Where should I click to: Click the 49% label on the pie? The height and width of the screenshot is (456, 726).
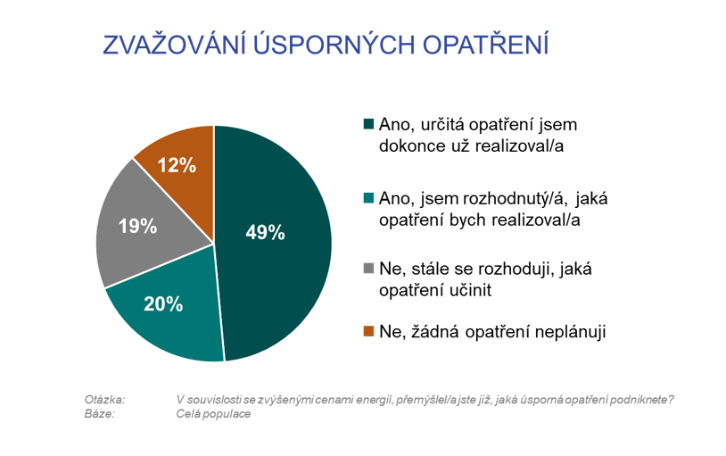pyautogui.click(x=265, y=232)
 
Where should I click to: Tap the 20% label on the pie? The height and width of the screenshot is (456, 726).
pyautogui.click(x=163, y=304)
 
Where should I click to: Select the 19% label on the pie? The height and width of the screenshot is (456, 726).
pyautogui.click(x=137, y=226)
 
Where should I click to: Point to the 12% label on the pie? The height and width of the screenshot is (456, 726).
pyautogui.click(x=177, y=165)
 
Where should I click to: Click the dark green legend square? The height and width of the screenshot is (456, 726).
pyautogui.click(x=368, y=124)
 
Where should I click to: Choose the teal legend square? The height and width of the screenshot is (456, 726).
pyautogui.click(x=368, y=198)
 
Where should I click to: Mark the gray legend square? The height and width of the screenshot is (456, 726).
pyautogui.click(x=368, y=268)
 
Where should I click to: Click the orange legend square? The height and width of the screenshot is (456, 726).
pyautogui.click(x=368, y=331)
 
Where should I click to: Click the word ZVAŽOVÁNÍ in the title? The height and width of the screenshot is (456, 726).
pyautogui.click(x=174, y=45)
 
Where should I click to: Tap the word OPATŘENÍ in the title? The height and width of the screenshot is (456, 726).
pyautogui.click(x=486, y=45)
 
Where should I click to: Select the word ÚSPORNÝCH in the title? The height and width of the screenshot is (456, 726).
pyautogui.click(x=334, y=45)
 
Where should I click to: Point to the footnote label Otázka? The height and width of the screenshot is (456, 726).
pyautogui.click(x=104, y=400)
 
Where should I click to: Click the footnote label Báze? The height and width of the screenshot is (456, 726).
pyautogui.click(x=99, y=414)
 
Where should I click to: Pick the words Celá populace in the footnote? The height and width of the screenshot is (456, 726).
pyautogui.click(x=213, y=414)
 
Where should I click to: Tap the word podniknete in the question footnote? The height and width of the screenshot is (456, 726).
pyautogui.click(x=639, y=400)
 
